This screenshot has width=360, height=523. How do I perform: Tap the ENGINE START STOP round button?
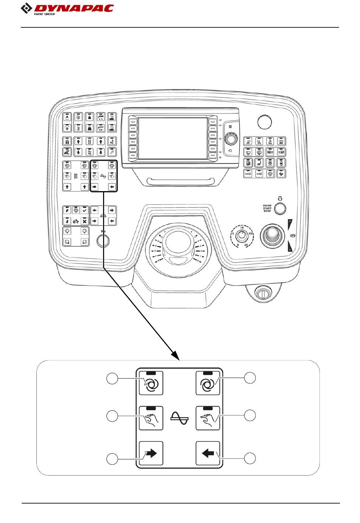pos(280,208)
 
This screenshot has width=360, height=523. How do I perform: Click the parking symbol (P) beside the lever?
pos(292,236)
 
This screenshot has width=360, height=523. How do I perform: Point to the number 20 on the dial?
pos(246,245)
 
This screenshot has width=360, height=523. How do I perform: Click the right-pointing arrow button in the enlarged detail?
pos(151,453)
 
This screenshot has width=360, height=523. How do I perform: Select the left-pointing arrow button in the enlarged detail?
pos(208,453)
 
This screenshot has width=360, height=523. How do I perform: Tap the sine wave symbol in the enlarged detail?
pos(179,418)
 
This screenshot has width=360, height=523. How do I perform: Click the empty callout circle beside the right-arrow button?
pos(112,459)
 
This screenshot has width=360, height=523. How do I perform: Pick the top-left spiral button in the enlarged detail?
pos(151,383)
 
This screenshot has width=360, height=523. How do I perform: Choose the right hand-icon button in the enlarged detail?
pos(208,418)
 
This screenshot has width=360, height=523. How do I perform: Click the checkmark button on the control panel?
pos(85,210)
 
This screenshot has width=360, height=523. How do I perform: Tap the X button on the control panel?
pos(85,221)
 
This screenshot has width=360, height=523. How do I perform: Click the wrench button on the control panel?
pos(111,152)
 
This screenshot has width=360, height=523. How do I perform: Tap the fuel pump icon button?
pos(248,163)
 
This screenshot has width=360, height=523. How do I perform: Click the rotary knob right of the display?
pos(230,139)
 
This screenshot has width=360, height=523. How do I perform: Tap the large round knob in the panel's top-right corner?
pos(264,122)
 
